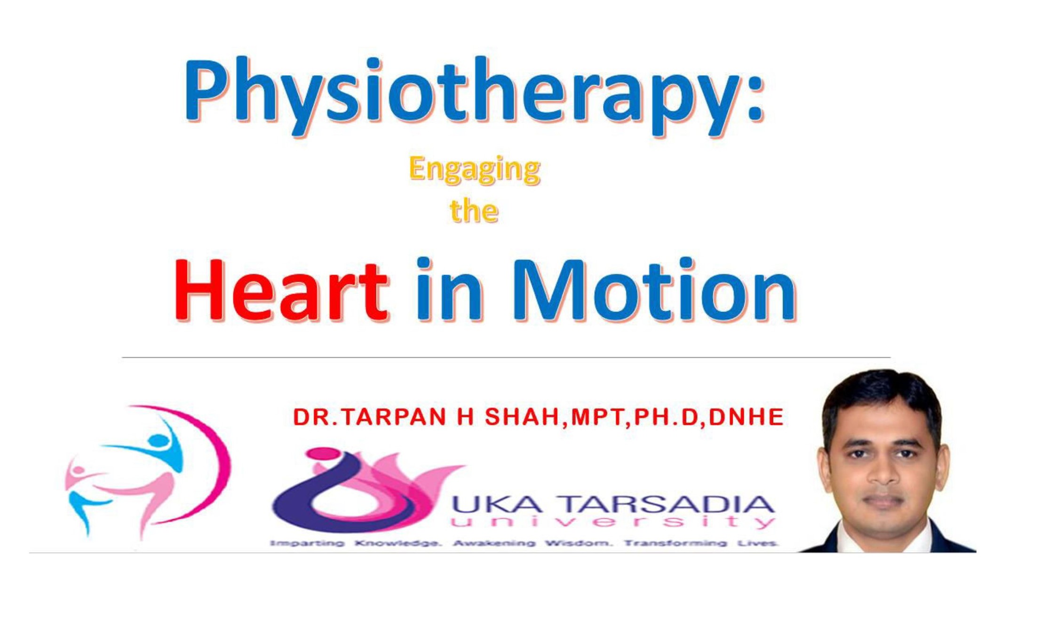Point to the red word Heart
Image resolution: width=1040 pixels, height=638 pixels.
click(x=281, y=290)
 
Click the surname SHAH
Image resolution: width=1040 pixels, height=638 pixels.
click(x=522, y=417)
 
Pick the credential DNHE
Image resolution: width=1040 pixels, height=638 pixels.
click(x=746, y=417)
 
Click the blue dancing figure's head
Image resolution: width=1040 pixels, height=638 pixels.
click(x=159, y=441)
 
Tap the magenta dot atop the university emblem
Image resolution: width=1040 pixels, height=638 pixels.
click(x=320, y=453)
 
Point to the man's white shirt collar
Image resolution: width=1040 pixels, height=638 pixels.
click(x=884, y=536)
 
